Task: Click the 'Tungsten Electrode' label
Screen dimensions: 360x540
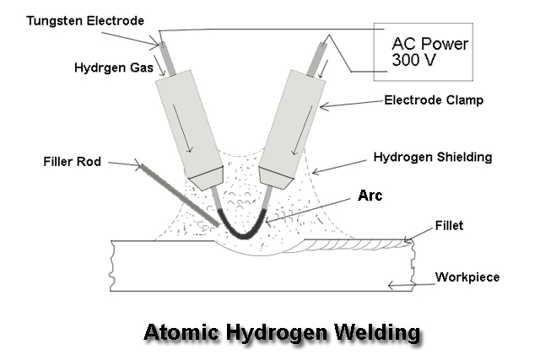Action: click(x=73, y=19)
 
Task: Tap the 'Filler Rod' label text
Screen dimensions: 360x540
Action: click(x=71, y=161)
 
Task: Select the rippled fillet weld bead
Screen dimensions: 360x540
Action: click(x=354, y=245)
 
